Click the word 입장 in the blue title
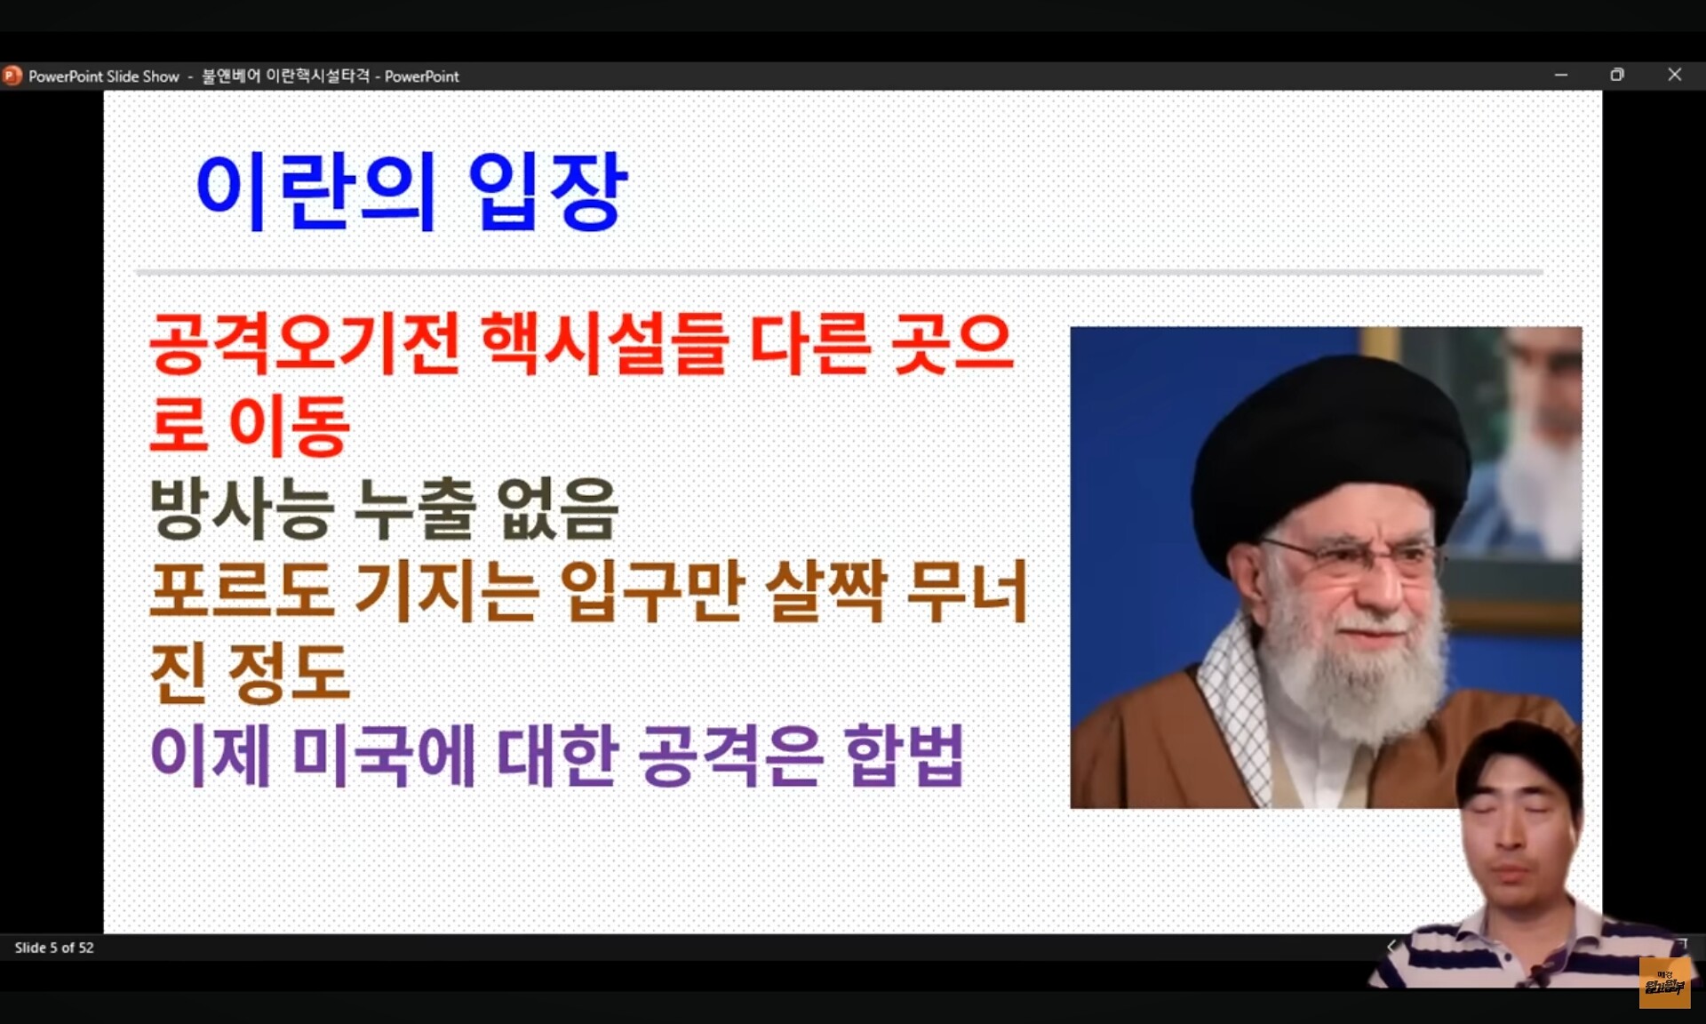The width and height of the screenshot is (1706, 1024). (547, 190)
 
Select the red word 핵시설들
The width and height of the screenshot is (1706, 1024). (605, 343)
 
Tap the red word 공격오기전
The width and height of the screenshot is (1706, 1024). (305, 343)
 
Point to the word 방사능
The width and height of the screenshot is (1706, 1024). (242, 508)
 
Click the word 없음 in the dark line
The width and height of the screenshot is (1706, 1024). (557, 508)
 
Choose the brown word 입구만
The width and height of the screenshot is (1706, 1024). (652, 591)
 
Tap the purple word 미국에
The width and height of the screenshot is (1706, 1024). (384, 756)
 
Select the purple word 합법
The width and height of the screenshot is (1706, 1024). (905, 756)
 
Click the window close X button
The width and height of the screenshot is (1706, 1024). (1675, 75)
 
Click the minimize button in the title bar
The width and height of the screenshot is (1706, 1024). (1561, 76)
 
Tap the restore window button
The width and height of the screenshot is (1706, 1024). (1617, 75)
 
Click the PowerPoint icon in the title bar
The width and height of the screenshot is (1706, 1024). (12, 76)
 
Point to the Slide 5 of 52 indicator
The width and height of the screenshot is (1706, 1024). (54, 948)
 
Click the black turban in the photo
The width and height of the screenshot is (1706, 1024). (1329, 444)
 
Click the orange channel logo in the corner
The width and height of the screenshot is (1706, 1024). (1663, 982)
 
